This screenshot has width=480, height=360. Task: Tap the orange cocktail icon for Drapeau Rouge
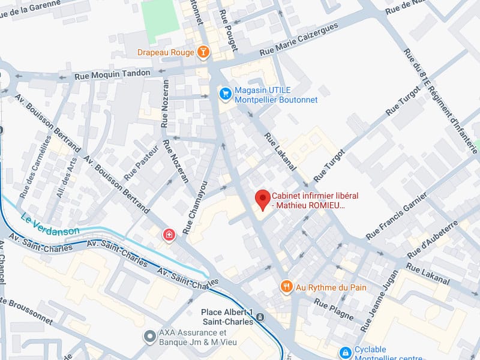tap(204, 52)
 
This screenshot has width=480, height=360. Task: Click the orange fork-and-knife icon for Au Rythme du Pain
tap(286, 287)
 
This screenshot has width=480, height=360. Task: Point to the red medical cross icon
tap(169, 235)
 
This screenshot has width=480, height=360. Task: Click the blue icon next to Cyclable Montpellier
tap(345, 353)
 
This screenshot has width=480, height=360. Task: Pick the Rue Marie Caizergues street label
tap(298, 41)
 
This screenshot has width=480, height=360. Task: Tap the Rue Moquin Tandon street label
tap(112, 74)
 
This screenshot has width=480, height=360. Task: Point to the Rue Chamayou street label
tap(195, 207)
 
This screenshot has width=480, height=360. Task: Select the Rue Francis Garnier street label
tap(397, 214)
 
